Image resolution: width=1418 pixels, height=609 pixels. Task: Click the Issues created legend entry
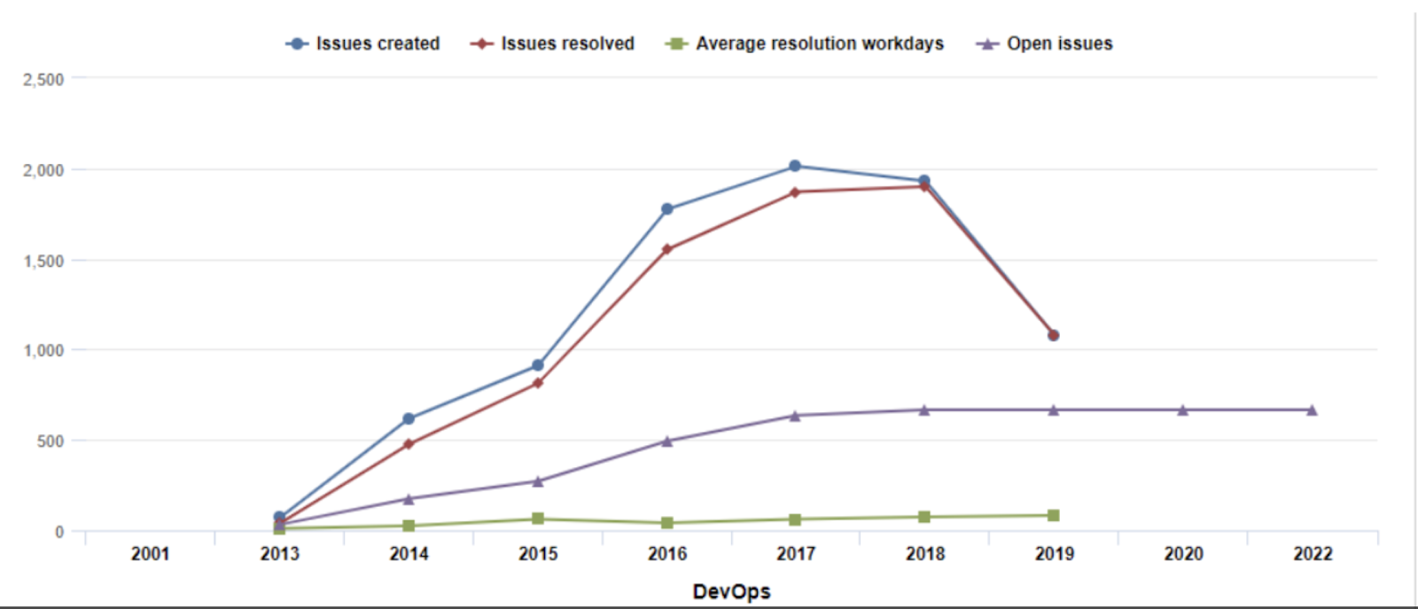pyautogui.click(x=363, y=43)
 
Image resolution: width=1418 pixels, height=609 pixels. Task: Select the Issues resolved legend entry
pyautogui.click(x=553, y=43)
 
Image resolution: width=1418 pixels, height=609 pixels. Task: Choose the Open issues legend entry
pyautogui.click(x=1045, y=43)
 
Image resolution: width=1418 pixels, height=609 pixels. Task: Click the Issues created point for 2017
pyautogui.click(x=795, y=166)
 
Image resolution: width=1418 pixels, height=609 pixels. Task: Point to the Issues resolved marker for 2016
pyautogui.click(x=666, y=249)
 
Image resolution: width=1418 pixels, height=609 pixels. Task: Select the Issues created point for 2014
pyautogui.click(x=409, y=418)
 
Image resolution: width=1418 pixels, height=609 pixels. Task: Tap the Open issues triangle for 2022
pyautogui.click(x=1312, y=410)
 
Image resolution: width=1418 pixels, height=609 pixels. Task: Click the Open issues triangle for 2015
pyautogui.click(x=538, y=481)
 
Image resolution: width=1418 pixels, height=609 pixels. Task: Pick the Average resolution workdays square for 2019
pyautogui.click(x=1054, y=515)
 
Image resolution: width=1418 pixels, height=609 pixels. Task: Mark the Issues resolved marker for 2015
pyautogui.click(x=538, y=383)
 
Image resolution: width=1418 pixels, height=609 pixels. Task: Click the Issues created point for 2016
pyautogui.click(x=667, y=209)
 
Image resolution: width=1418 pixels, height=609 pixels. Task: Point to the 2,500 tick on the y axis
pyautogui.click(x=43, y=80)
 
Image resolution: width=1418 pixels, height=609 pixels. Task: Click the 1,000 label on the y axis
pyautogui.click(x=43, y=350)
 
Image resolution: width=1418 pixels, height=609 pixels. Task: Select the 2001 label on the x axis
pyautogui.click(x=150, y=554)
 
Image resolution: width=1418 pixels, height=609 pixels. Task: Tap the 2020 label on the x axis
pyautogui.click(x=1183, y=554)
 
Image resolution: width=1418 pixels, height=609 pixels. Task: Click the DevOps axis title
pyautogui.click(x=731, y=591)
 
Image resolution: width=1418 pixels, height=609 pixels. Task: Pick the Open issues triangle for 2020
pyautogui.click(x=1183, y=410)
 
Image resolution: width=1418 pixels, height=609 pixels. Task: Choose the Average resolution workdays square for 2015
pyautogui.click(x=538, y=519)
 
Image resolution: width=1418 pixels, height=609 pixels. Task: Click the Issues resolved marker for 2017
pyautogui.click(x=795, y=192)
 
